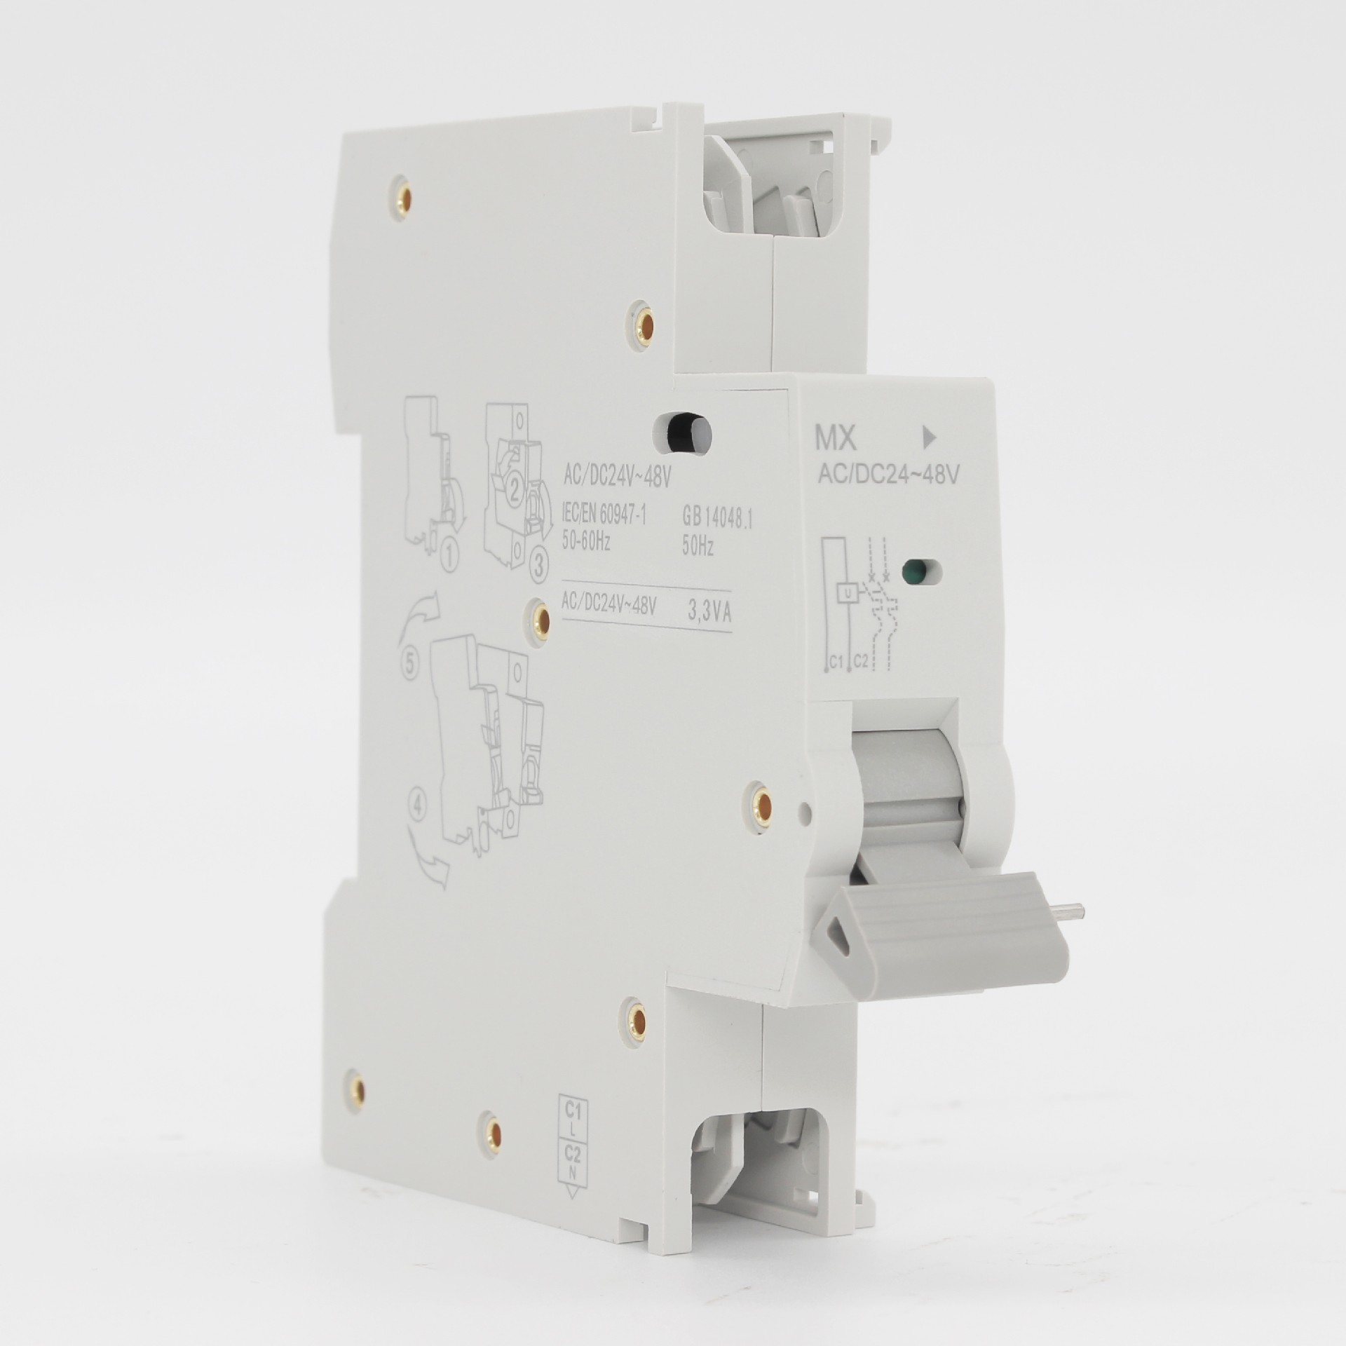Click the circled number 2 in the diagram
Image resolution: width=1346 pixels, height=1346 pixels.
pos(515,494)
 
